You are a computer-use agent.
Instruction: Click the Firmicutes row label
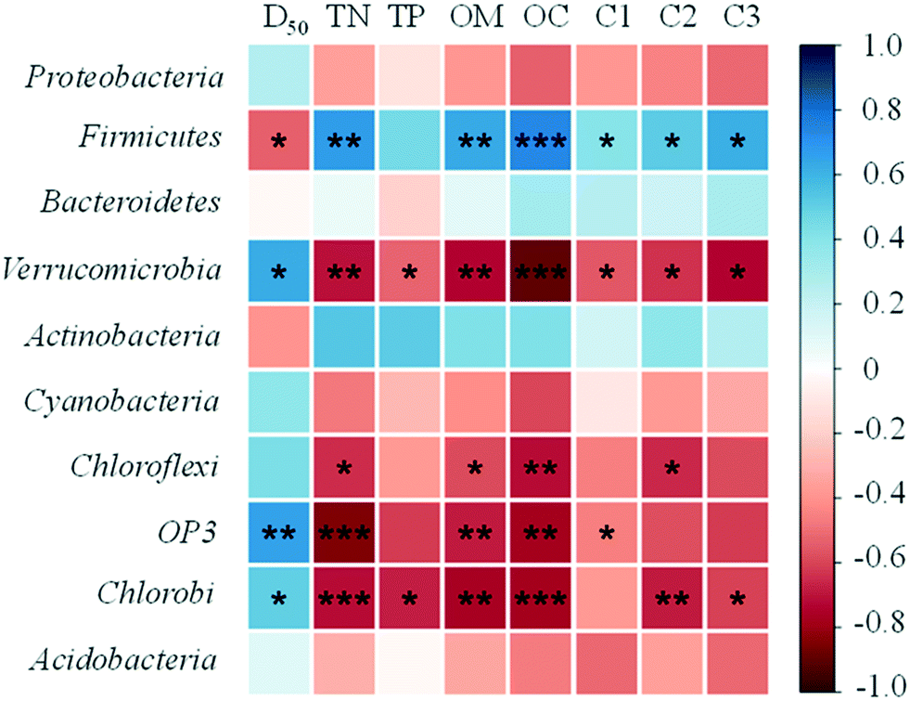coord(150,137)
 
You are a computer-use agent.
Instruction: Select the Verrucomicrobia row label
coord(111,269)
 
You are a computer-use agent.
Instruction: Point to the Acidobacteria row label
coord(123,660)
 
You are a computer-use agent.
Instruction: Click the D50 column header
coord(285,19)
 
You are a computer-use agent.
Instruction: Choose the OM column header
coord(476,17)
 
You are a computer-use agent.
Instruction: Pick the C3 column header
coord(741,17)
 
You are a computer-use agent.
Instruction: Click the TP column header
coord(405,17)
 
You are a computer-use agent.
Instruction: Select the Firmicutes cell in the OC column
coord(540,140)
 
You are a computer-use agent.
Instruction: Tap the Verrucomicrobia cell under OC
coord(540,270)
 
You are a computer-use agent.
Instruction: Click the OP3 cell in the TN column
coord(344,533)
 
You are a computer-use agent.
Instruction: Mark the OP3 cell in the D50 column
coord(279,533)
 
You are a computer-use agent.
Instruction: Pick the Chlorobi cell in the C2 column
coord(672,598)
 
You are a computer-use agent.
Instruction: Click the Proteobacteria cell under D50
coord(279,75)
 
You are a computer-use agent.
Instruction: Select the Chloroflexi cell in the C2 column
coord(672,467)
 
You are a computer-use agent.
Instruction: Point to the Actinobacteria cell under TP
coord(410,336)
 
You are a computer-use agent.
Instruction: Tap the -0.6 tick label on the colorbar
coord(879,557)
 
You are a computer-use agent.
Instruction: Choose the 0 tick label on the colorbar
coord(871,369)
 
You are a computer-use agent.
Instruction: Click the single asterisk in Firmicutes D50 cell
coord(279,141)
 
